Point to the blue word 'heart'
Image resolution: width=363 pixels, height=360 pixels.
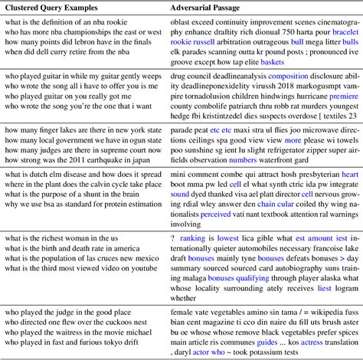(349, 175)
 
